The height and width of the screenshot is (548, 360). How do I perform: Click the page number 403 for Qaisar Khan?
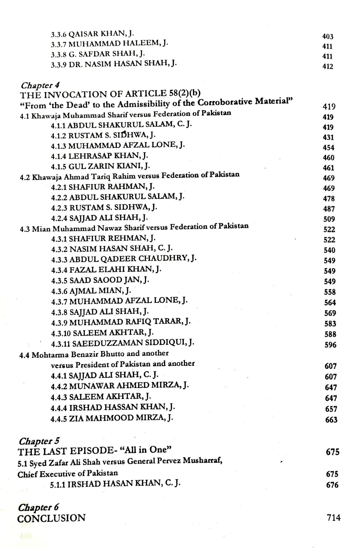[x=327, y=36]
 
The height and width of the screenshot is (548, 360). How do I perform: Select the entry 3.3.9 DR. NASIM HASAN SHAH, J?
[x=114, y=65]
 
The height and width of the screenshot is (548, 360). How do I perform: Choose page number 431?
[x=328, y=137]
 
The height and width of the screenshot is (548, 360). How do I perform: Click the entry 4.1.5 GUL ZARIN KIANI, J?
[x=100, y=166]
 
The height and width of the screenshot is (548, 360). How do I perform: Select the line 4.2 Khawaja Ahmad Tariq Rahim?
[x=130, y=176]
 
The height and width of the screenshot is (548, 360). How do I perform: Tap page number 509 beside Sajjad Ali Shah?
[x=329, y=219]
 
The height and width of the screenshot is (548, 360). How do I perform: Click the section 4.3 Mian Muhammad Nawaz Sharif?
[x=134, y=227]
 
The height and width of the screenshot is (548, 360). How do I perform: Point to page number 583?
[x=330, y=324]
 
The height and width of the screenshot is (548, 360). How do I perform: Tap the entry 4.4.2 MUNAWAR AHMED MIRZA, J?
[x=120, y=386]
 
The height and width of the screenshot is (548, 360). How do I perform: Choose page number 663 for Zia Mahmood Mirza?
[x=331, y=419]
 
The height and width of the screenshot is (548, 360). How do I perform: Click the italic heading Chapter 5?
[x=39, y=441]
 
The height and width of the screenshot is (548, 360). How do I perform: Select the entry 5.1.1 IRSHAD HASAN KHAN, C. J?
[x=115, y=484]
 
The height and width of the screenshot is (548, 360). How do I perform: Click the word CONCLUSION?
[x=52, y=518]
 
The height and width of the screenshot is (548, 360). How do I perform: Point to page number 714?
[x=333, y=518]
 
